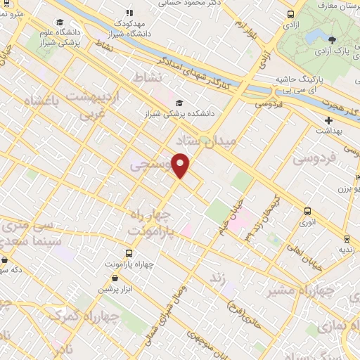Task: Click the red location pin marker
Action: (181, 165)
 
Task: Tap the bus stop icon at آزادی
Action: (291, 14)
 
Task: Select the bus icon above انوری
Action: (307, 211)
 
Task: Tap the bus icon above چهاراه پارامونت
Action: (128, 252)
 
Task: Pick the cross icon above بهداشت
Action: (328, 122)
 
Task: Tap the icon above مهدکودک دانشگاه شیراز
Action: (129, 13)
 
